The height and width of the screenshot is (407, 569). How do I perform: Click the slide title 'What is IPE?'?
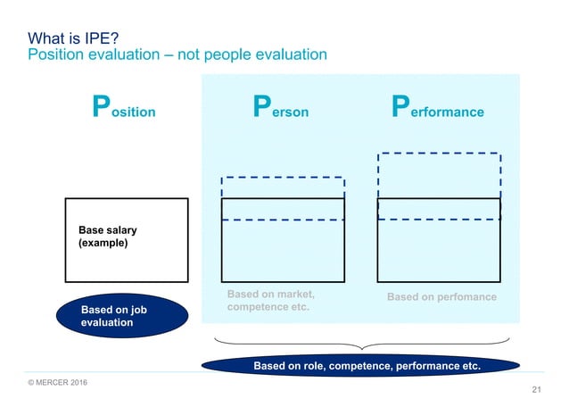coord(74,38)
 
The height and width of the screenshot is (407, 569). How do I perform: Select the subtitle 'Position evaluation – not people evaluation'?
coord(177,55)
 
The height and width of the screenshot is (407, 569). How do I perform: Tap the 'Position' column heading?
coord(125,110)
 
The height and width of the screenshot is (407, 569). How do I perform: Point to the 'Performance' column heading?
coord(438,110)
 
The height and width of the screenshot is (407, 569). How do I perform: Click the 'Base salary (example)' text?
coord(108,237)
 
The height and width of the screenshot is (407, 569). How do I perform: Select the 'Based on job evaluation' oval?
coord(122,316)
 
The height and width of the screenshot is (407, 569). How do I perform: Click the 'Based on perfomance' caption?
coord(441,296)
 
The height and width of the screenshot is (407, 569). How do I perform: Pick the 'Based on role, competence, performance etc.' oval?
coord(360,366)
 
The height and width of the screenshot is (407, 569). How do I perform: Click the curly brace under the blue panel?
coord(361,345)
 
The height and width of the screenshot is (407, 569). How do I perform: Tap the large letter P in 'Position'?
coord(103,108)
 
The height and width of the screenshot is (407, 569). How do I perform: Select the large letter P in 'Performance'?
coord(402,108)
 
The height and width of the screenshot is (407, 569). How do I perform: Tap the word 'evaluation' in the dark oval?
coord(107,323)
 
